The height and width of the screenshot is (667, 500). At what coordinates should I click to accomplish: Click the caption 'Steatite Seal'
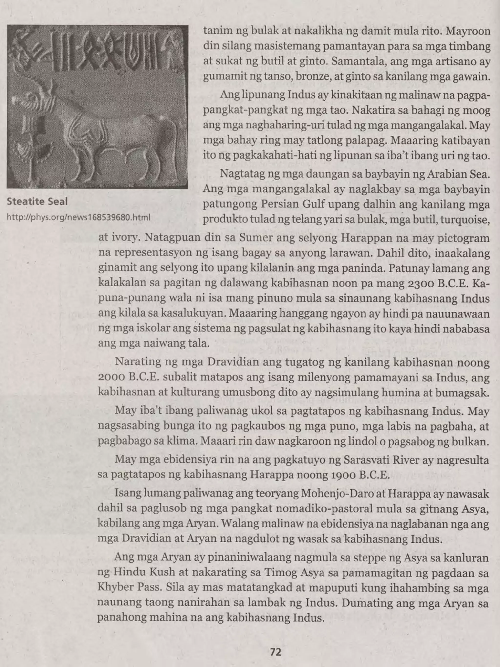tap(37, 201)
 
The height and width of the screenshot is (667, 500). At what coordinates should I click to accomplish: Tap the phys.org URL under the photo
tap(78, 217)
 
